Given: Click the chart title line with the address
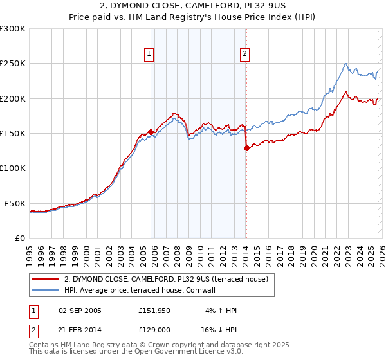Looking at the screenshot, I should click(192, 7).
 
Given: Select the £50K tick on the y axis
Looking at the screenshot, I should click(15, 203).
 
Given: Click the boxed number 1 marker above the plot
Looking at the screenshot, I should click(149, 55).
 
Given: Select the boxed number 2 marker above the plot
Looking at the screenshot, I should click(245, 55).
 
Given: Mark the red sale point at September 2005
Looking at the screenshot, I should click(151, 132).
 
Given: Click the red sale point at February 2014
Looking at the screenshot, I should click(246, 148).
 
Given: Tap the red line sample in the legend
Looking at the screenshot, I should click(46, 279).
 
